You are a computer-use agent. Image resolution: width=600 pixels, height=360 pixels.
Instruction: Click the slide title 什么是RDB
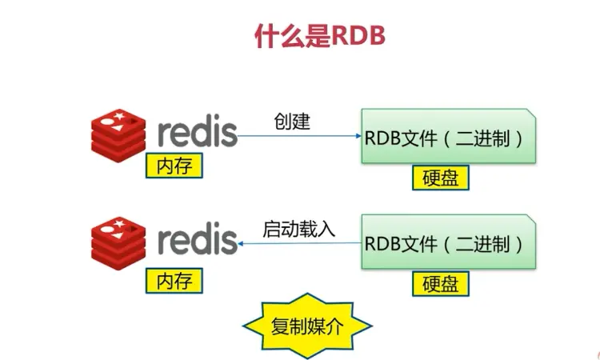point(320,35)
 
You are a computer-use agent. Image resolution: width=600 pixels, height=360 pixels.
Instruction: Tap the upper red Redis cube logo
point(119,134)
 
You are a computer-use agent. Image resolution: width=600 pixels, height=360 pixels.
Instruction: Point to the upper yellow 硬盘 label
point(440,178)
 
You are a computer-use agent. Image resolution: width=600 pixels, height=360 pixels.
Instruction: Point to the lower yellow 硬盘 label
point(440,283)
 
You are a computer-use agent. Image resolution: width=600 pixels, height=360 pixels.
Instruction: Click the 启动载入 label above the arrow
point(298,228)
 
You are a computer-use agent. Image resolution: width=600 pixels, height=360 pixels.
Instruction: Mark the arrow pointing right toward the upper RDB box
point(300,136)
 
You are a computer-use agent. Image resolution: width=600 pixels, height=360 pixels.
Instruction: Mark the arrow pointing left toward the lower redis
point(300,242)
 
